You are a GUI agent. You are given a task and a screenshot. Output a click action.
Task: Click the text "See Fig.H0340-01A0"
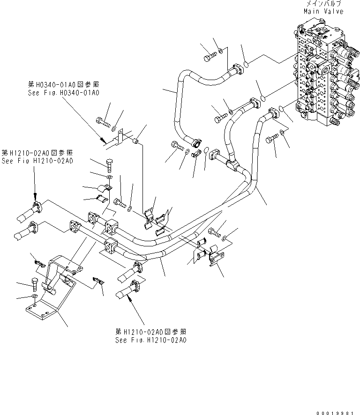click(63, 93)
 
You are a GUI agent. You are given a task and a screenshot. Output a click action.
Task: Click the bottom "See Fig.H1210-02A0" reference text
click(151, 340)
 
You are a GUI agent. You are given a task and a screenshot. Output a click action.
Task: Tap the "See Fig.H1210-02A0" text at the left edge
click(37, 161)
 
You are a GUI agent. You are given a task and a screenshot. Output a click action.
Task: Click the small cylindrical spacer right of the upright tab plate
click(137, 141)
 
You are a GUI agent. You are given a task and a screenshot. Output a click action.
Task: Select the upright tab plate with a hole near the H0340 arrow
click(120, 136)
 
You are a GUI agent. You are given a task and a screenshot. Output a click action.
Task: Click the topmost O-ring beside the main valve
click(246, 64)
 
